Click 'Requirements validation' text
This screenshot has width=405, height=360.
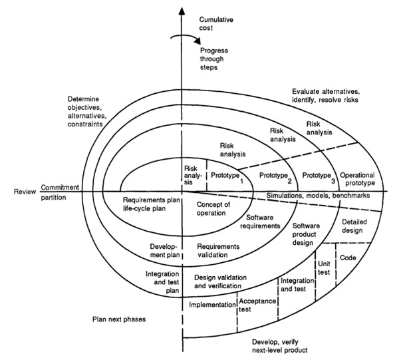tap(218, 250)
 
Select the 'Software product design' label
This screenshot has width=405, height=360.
tap(307, 234)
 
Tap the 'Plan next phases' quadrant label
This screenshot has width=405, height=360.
tap(119, 319)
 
